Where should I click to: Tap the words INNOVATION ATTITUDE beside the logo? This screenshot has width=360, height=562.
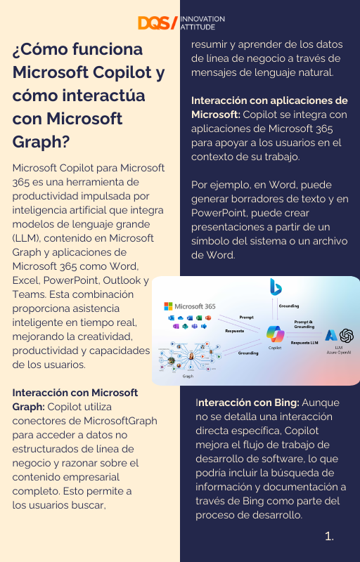[x=202, y=23]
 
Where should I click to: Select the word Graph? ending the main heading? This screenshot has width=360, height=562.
[x=41, y=142]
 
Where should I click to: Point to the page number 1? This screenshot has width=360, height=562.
[x=329, y=536]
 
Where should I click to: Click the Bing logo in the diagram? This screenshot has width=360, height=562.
[x=276, y=287]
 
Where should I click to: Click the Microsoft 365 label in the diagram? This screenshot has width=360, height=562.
[x=193, y=306]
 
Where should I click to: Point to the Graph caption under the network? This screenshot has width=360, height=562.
[x=188, y=376]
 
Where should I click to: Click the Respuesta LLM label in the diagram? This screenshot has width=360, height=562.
[x=304, y=342]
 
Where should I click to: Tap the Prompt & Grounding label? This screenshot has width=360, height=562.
[x=304, y=324]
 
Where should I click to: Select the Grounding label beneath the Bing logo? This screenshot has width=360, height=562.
[x=288, y=306]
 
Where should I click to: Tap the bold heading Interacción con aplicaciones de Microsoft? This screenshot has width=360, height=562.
[x=269, y=100]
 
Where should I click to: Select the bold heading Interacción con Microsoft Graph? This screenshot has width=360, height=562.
[x=75, y=392]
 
